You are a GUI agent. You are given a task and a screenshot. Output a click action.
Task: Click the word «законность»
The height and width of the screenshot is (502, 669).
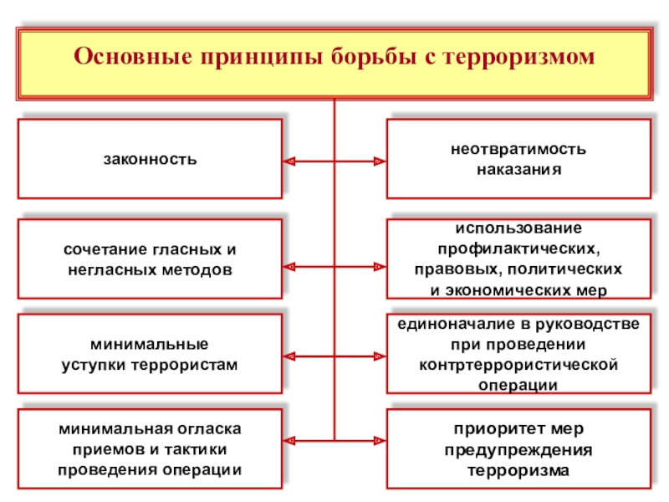coord(151,158)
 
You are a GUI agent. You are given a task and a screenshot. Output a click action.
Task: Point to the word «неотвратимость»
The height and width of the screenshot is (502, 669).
coord(518,150)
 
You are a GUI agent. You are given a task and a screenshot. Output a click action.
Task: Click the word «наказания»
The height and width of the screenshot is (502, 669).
coord(518,168)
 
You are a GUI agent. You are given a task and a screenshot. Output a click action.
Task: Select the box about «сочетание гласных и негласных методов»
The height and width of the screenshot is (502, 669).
coord(151,259)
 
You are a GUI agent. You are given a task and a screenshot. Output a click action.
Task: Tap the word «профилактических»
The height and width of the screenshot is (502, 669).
coord(518,249)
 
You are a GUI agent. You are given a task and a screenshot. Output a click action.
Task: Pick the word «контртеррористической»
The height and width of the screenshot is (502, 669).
coord(518,365)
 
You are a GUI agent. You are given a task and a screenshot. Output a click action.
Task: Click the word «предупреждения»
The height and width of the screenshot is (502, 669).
coord(518,450)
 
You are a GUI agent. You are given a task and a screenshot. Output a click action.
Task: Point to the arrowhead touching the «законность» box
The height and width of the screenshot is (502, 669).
coord(289,159)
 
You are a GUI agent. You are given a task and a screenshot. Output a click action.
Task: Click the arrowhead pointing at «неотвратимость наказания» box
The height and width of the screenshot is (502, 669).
coord(379,159)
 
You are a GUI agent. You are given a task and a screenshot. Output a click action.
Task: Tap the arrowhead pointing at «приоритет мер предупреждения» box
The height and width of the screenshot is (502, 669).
coord(379,441)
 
